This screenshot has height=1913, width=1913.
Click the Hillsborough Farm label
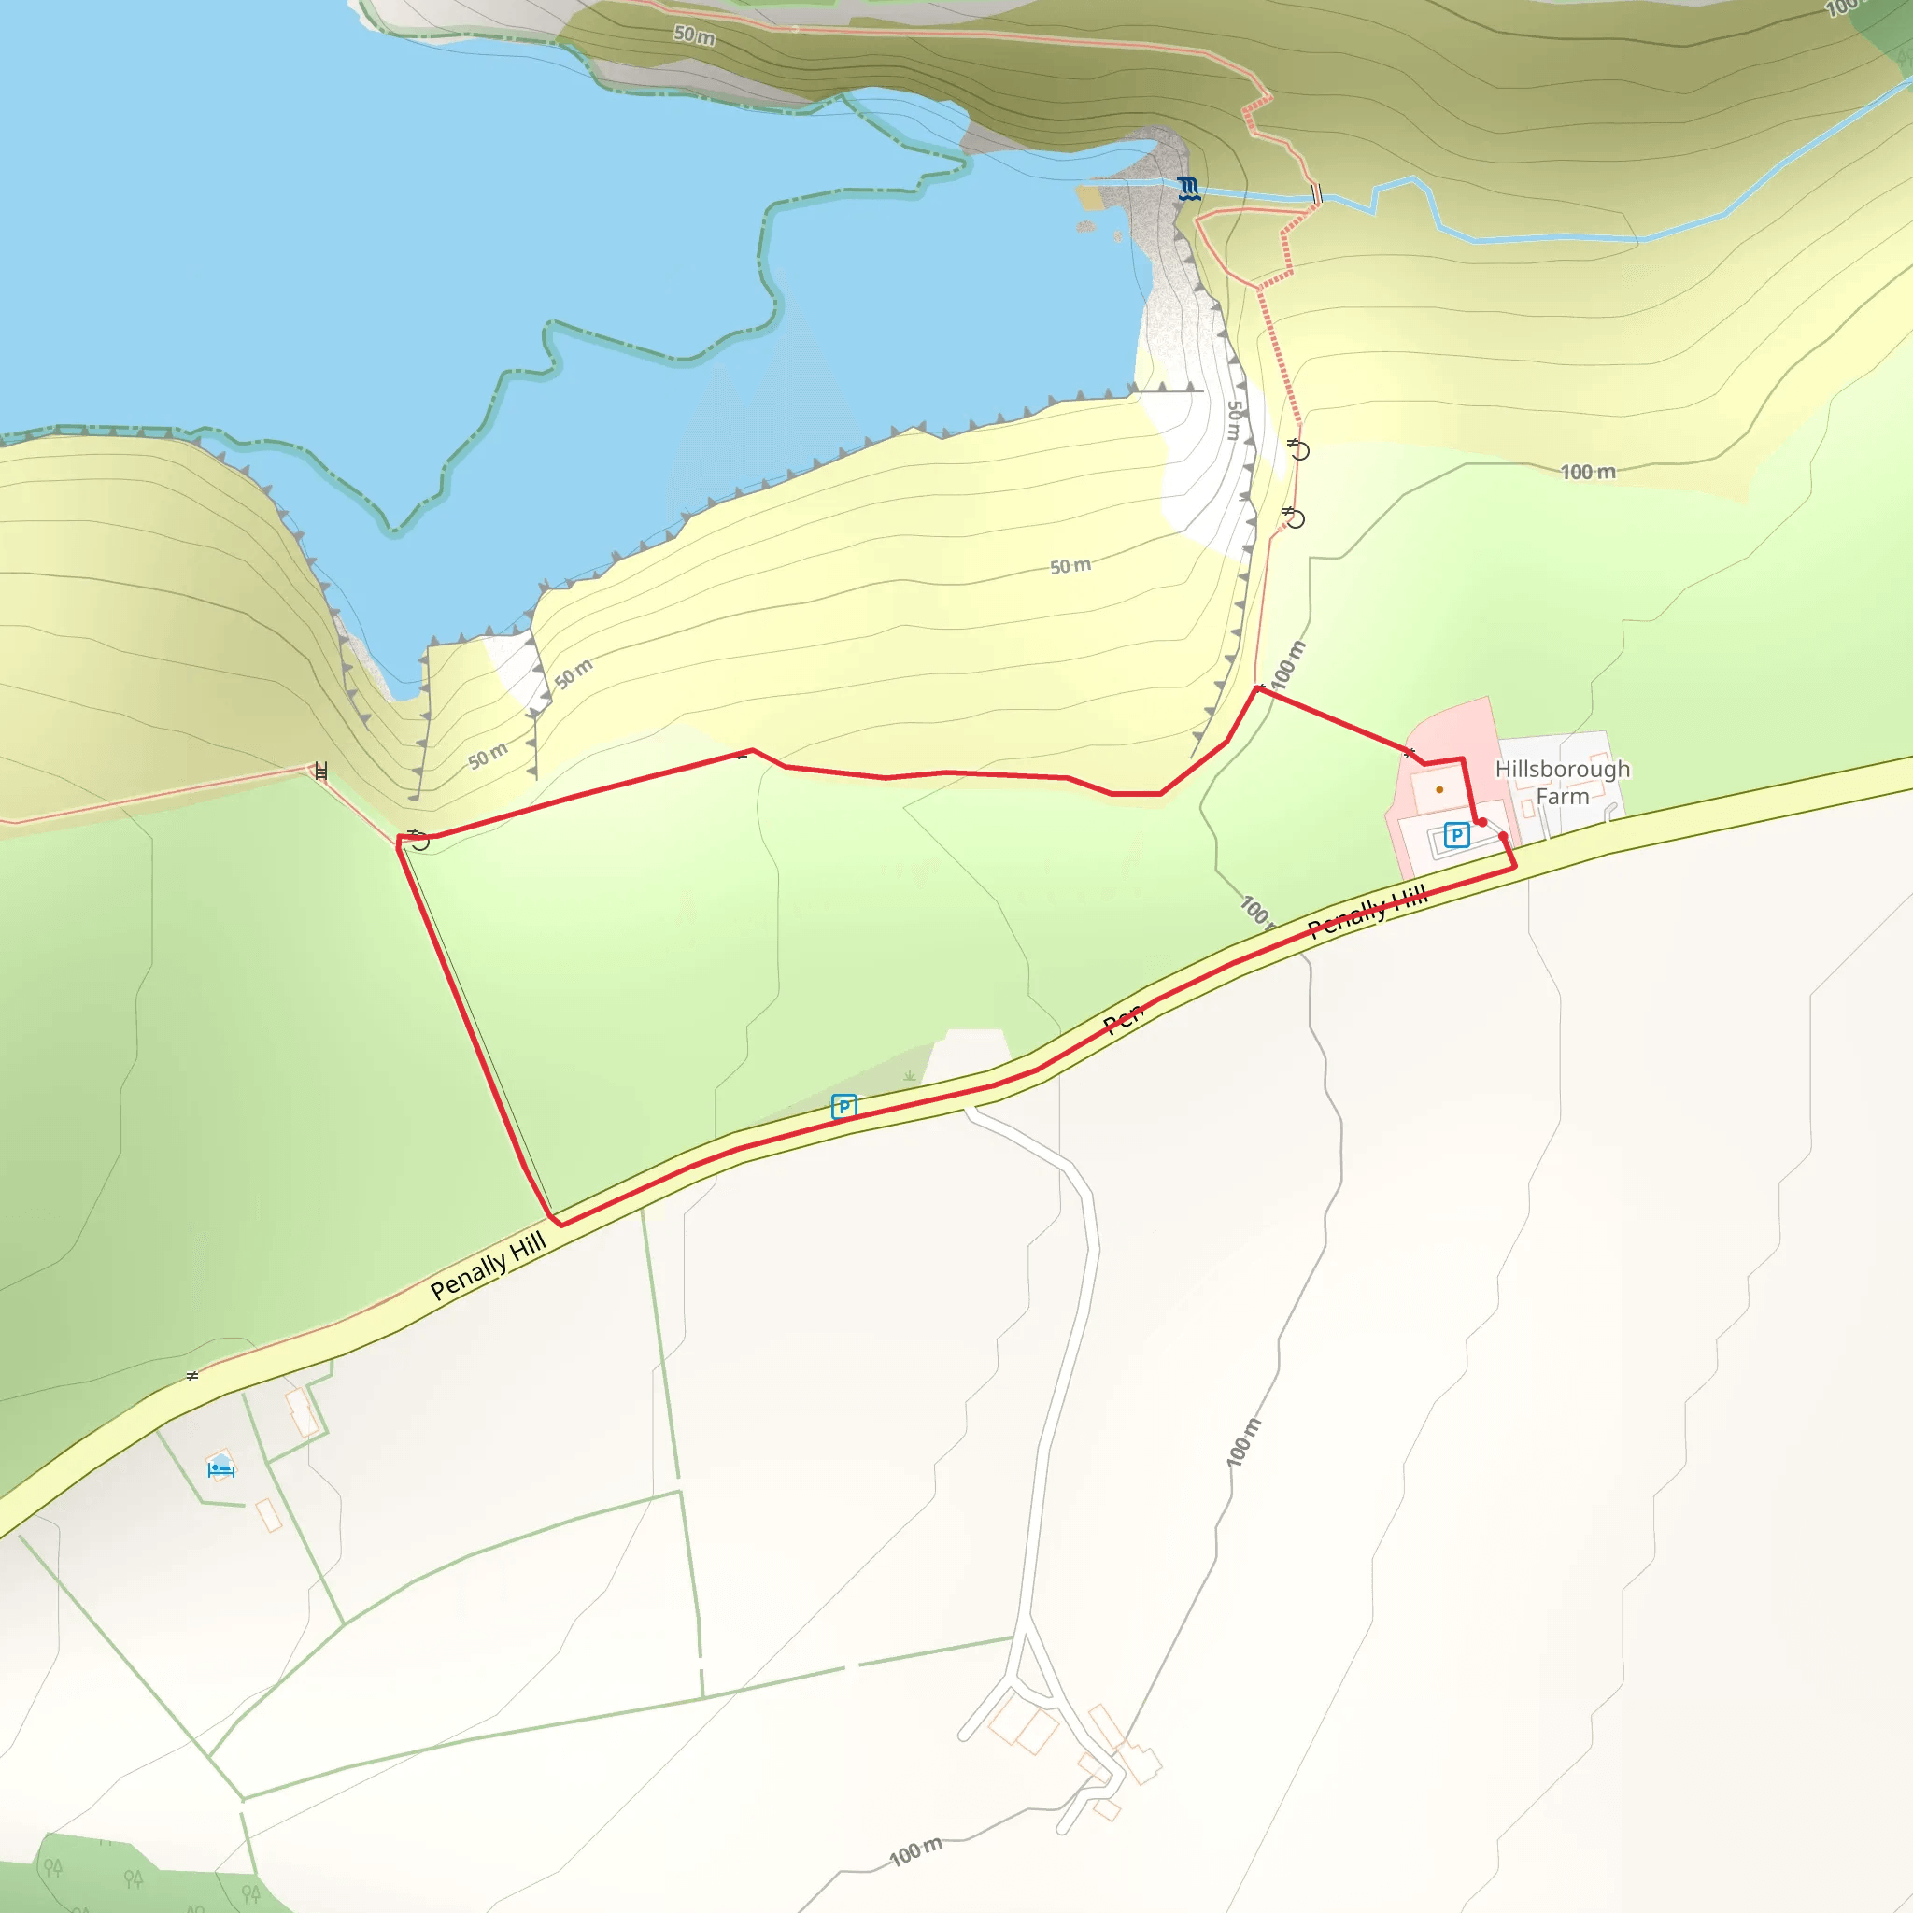pos(1562,782)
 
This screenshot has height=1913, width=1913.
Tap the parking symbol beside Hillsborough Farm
pos(1455,835)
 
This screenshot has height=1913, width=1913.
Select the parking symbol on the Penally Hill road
pos(843,1105)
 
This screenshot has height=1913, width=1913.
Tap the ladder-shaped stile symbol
pos(320,772)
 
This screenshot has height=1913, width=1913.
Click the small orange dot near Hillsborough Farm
pos(1438,789)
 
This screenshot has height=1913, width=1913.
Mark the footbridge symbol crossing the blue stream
pos(1316,194)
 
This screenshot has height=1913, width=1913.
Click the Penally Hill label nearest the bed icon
pos(489,1266)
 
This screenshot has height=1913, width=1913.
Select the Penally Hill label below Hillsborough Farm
pos(1367,912)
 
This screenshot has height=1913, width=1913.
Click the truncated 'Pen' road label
pos(1124,1018)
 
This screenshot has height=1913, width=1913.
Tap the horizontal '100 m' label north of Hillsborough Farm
pos(1588,473)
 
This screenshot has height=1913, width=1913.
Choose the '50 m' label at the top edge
pos(694,35)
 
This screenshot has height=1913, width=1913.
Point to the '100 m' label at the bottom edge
pos(916,1849)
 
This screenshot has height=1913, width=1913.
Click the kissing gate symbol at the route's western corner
pos(418,840)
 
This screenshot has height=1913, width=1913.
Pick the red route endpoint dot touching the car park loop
pos(1482,822)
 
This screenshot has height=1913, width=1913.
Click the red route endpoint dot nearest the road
pos(1504,837)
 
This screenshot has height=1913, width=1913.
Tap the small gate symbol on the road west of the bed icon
pos(193,1375)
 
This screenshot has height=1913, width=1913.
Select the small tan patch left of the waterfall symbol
pos(1089,197)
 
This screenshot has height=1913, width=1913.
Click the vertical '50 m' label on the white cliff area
pos(1234,419)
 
